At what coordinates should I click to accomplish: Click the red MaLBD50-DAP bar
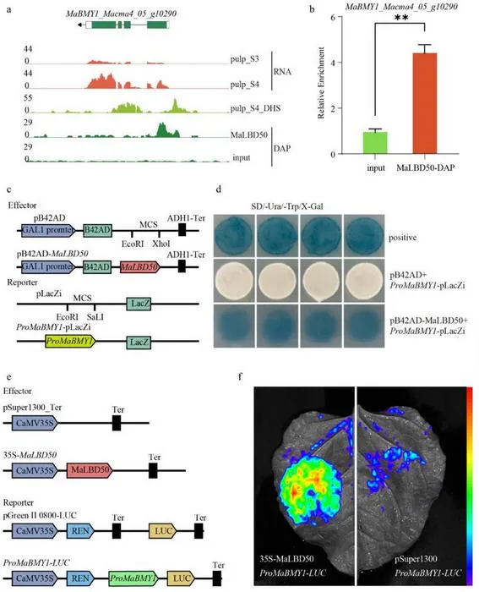click(x=425, y=103)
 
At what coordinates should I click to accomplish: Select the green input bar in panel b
click(x=375, y=143)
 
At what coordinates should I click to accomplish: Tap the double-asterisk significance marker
click(x=401, y=18)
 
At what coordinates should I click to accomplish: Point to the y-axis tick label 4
click(x=333, y=63)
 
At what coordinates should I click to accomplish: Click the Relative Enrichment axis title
click(x=321, y=83)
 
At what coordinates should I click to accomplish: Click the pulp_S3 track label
click(x=245, y=59)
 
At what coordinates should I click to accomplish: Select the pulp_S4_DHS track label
click(x=255, y=109)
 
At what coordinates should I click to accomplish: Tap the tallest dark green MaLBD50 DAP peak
click(x=162, y=129)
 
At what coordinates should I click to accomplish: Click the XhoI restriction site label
click(x=161, y=244)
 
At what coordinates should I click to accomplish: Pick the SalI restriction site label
click(x=95, y=317)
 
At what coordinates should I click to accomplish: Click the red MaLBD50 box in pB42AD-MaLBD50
click(x=140, y=267)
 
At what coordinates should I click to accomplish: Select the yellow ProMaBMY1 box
click(x=70, y=342)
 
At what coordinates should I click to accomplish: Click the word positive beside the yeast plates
click(x=403, y=238)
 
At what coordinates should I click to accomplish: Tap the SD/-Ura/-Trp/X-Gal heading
click(x=287, y=206)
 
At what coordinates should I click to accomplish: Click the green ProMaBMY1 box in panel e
click(x=133, y=578)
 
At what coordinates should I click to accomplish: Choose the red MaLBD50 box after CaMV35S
click(x=90, y=470)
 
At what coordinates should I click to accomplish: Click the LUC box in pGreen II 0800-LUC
click(x=163, y=531)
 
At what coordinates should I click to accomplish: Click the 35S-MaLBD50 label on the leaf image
click(x=286, y=558)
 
